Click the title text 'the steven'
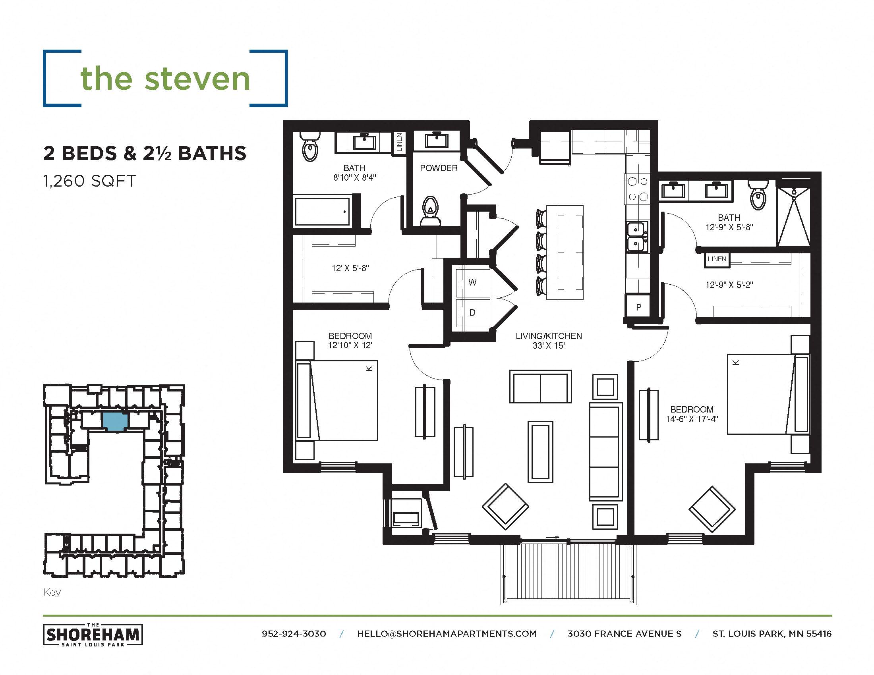coord(165,78)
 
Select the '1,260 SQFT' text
coord(90,181)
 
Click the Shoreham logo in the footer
coord(93,634)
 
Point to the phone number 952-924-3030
coord(294,634)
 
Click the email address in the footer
coord(447,634)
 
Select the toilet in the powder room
coord(430,211)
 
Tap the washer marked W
coord(473,283)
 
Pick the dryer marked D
coord(473,313)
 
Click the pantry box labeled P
coord(639,307)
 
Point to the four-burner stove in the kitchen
coord(638,189)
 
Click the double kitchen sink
coord(636,237)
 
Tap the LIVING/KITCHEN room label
coord(549,336)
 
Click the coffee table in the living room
coord(540,452)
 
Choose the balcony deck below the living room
coord(568,574)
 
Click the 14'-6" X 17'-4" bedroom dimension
coord(692,419)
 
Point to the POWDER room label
coord(439,168)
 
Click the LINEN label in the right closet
coord(717,259)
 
